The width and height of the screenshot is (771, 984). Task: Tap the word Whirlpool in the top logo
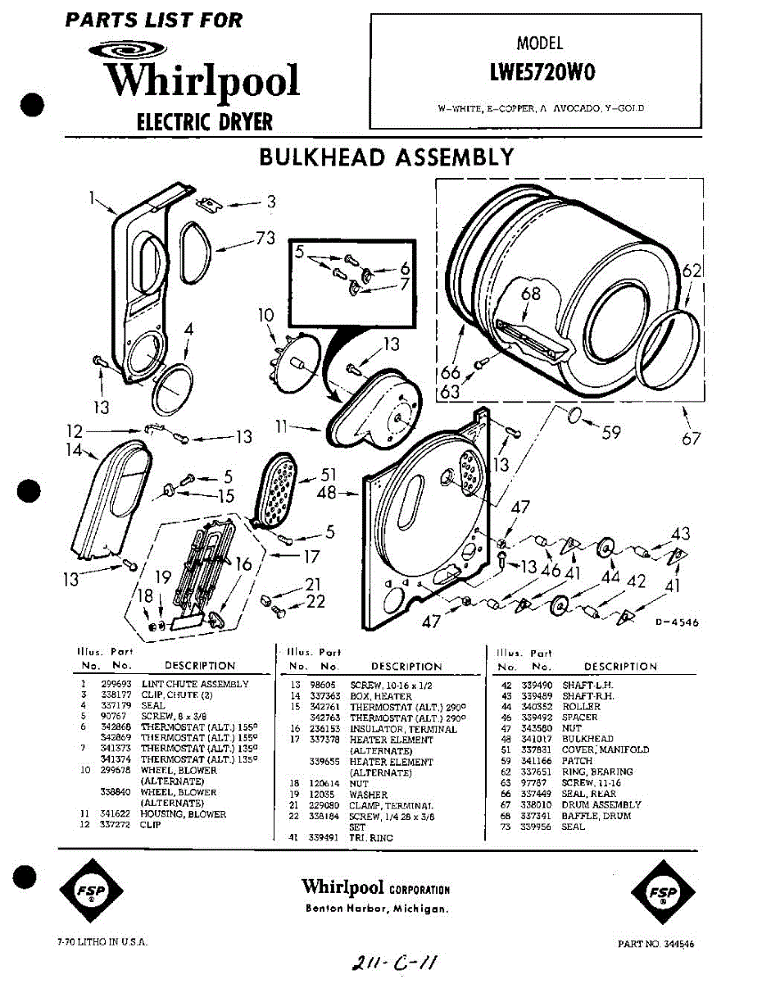point(202,81)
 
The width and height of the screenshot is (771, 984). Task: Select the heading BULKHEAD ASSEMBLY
point(386,157)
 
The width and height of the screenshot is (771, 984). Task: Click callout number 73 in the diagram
point(265,239)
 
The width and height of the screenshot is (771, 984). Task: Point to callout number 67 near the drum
point(691,438)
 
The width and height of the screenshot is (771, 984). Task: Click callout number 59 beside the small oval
point(611,431)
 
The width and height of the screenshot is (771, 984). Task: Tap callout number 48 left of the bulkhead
point(327,494)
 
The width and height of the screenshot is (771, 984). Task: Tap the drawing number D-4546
point(676,622)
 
